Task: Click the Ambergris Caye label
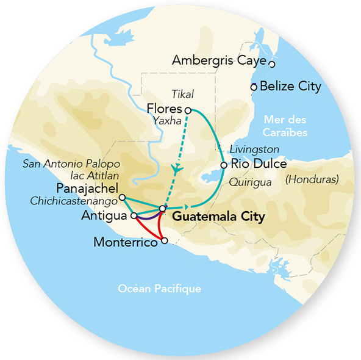pos(220,60)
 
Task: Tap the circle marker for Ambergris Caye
pos(273,63)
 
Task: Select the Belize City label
pos(290,86)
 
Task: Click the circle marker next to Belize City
pos(254,87)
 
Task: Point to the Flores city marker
pos(188,110)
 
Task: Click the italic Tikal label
pos(182,94)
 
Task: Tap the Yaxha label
pos(169,121)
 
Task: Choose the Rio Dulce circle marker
pos(224,165)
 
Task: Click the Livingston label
pos(255,149)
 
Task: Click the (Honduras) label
pos(312,179)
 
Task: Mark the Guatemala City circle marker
pos(162,209)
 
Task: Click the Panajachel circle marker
pos(122,197)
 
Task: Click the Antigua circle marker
pos(134,215)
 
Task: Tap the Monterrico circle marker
pos(163,241)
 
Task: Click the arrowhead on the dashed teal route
pos(177,168)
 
